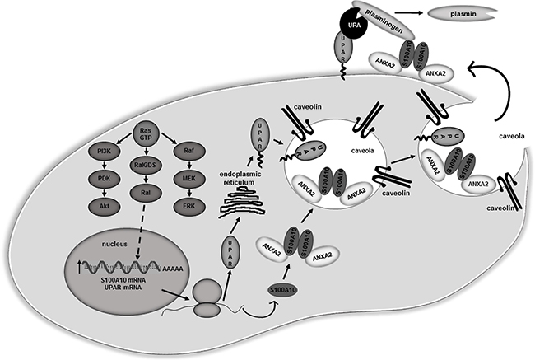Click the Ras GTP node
pos(146,133)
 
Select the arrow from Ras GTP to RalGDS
pos(146,157)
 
